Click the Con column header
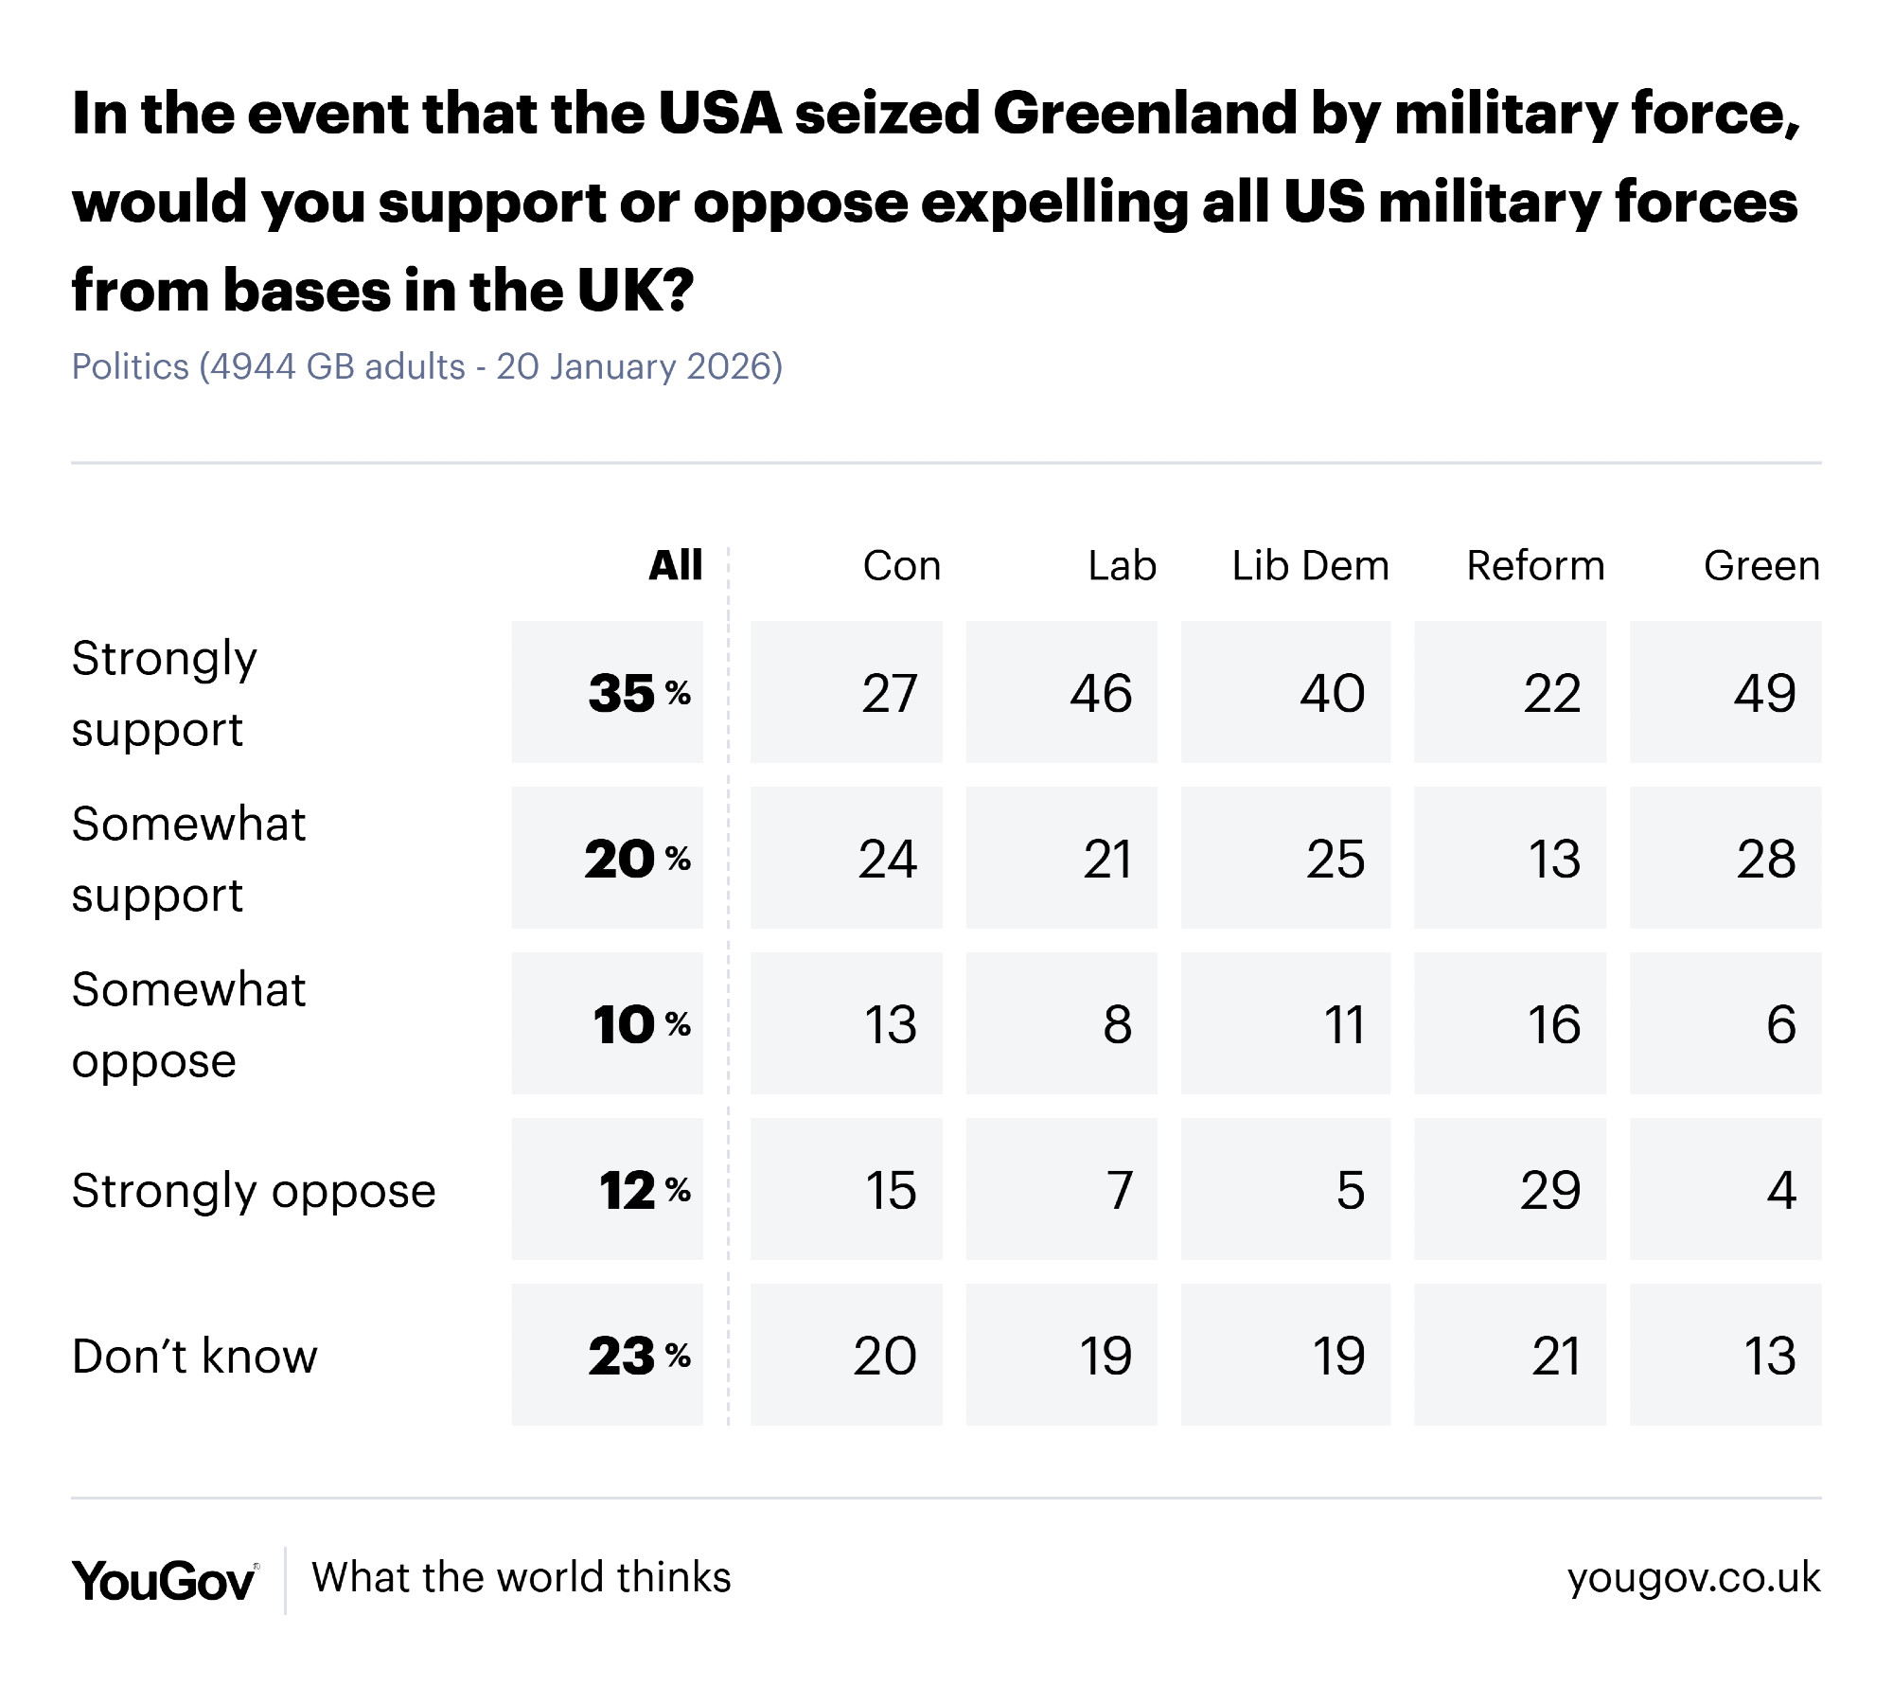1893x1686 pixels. click(901, 566)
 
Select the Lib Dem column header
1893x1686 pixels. click(1310, 566)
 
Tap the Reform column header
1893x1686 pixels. click(1535, 566)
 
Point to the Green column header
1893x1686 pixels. click(1761, 566)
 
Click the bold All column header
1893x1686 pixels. click(675, 566)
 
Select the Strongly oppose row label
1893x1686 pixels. click(254, 1191)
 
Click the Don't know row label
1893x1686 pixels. click(195, 1356)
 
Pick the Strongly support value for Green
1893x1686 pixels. click(1764, 693)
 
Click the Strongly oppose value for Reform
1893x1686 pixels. click(1550, 1190)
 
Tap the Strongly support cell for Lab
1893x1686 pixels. click(1101, 693)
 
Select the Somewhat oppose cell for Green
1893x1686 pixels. click(1780, 1024)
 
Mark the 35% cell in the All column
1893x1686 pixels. click(639, 693)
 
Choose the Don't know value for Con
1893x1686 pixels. click(885, 1356)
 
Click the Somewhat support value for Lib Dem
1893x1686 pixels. click(1336, 860)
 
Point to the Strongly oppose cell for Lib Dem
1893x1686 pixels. click(1350, 1190)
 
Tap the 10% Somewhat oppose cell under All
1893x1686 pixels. click(641, 1024)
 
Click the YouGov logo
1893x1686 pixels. click(164, 1580)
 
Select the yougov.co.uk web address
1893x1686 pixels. click(1693, 1578)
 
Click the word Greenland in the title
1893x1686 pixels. click(1144, 115)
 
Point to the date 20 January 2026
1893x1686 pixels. click(633, 366)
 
